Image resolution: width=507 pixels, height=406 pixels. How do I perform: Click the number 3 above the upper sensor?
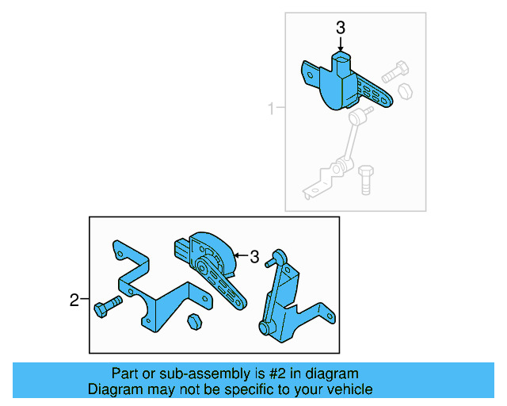click(x=341, y=28)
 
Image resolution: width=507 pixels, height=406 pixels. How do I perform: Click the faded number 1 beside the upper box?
click(x=271, y=109)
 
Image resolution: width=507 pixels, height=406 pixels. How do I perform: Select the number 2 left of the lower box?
click(x=74, y=300)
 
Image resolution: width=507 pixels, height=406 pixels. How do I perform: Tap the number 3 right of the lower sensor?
click(x=254, y=257)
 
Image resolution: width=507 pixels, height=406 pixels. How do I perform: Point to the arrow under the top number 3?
click(x=341, y=46)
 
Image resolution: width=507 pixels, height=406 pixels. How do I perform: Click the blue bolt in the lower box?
click(x=106, y=306)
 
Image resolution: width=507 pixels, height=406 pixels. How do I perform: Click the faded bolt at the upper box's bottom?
click(x=365, y=180)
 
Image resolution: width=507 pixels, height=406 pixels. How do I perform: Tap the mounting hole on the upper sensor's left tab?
click(x=310, y=77)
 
